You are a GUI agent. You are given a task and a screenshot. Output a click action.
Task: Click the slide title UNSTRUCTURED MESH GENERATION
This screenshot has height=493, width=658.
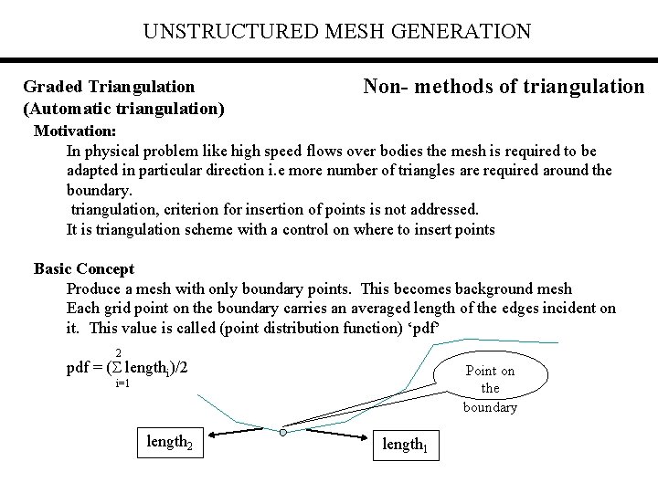tap(336, 32)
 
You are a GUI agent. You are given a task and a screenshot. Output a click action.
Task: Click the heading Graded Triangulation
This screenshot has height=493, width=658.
tap(109, 87)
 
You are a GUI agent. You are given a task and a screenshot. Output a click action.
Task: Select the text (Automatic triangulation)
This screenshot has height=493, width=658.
tap(124, 108)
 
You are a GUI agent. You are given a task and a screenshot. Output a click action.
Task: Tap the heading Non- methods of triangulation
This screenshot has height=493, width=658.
tap(504, 87)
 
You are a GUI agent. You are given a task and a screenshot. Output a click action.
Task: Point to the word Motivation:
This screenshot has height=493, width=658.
tap(75, 130)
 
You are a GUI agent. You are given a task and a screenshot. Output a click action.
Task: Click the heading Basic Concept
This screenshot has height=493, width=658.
tap(83, 268)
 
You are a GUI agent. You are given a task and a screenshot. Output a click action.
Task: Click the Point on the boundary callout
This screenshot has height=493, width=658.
tap(490, 388)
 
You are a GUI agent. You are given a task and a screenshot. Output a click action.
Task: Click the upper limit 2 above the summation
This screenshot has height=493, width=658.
tap(119, 353)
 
